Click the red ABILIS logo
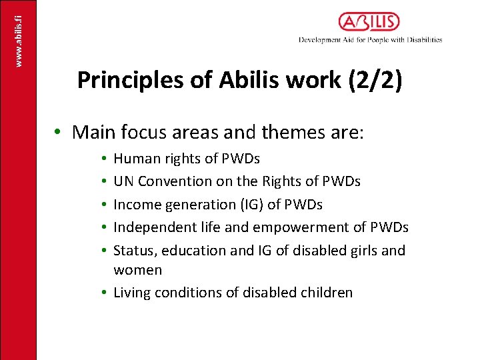coord(369,22)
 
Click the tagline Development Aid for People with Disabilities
coord(370,40)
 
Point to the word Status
coord(133,251)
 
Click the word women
coord(137,270)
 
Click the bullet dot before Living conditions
coord(105,293)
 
